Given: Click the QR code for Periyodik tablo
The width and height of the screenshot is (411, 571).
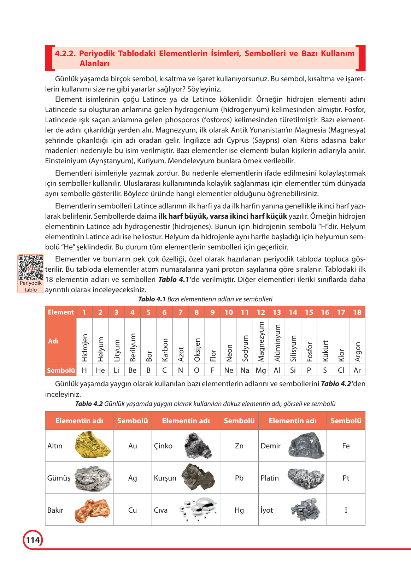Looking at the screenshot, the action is point(31,267).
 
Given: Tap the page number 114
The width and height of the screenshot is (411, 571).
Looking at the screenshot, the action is point(33,540).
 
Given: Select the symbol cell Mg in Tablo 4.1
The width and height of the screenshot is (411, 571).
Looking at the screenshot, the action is point(261,370).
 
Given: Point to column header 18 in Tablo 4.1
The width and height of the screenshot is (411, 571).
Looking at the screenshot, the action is point(357,312).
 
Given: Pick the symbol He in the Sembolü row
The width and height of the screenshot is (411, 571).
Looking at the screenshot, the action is point(100,370).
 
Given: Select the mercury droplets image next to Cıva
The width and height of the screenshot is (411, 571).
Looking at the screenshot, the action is point(198,510).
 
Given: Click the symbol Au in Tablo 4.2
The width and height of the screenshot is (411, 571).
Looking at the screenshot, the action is point(133,446).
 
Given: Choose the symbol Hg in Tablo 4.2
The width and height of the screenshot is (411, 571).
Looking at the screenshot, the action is point(239,510).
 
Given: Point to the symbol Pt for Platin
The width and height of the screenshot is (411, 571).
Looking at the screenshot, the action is point(346,478).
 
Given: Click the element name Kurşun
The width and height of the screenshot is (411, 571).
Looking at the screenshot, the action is point(165,478).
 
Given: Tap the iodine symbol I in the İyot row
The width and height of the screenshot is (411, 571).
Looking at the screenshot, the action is point(346,510).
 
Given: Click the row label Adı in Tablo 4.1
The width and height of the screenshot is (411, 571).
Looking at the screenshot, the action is point(53,341).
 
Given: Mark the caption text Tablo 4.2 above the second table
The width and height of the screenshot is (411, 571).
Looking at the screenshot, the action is point(89,404).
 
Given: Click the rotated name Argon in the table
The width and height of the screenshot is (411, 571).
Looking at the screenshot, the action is point(358,352).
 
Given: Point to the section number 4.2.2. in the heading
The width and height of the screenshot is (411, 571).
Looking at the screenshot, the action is point(65,54).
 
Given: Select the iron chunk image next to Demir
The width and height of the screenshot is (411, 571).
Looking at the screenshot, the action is point(306,446).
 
